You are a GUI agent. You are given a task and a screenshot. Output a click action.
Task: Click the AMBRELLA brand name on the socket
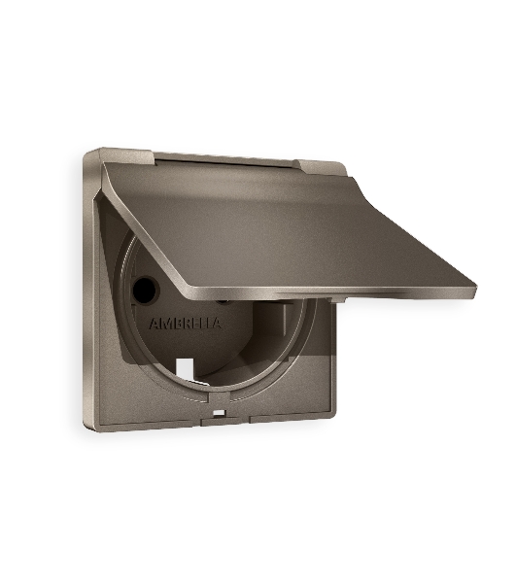[186, 324]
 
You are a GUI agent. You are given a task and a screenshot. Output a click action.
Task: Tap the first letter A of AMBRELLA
[155, 324]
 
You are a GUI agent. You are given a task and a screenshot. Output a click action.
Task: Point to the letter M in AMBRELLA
[166, 324]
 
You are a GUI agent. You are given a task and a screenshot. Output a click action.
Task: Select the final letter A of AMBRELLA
[217, 323]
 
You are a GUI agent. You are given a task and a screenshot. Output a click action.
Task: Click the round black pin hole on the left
[146, 290]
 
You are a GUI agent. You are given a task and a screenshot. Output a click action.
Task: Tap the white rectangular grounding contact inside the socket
[185, 369]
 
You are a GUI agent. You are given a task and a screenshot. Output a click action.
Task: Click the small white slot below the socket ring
[220, 413]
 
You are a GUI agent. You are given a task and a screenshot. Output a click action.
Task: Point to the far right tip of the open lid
[476, 287]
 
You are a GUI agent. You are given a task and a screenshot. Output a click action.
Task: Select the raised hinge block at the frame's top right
[321, 168]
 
